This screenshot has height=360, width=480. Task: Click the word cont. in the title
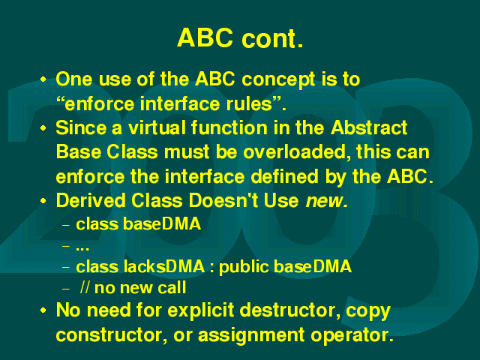pyautogui.click(x=272, y=38)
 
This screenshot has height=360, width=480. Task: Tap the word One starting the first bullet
pyautogui.click(x=74, y=79)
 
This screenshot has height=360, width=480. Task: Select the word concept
pyautogui.click(x=278, y=80)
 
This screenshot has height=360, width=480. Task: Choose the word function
pyautogui.click(x=229, y=127)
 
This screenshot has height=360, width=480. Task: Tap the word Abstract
pyautogui.click(x=369, y=127)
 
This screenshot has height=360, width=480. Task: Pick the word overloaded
pyautogui.click(x=297, y=152)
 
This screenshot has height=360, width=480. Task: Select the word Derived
pyautogui.click(x=91, y=201)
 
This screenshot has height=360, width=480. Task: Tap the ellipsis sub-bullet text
pyautogui.click(x=82, y=248)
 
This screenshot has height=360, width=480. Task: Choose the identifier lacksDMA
pyautogui.click(x=164, y=266)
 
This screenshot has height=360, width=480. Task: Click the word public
pyautogui.click(x=244, y=267)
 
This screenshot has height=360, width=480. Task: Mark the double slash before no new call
pyautogui.click(x=85, y=288)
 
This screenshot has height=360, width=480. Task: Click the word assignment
pyautogui.click(x=251, y=336)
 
